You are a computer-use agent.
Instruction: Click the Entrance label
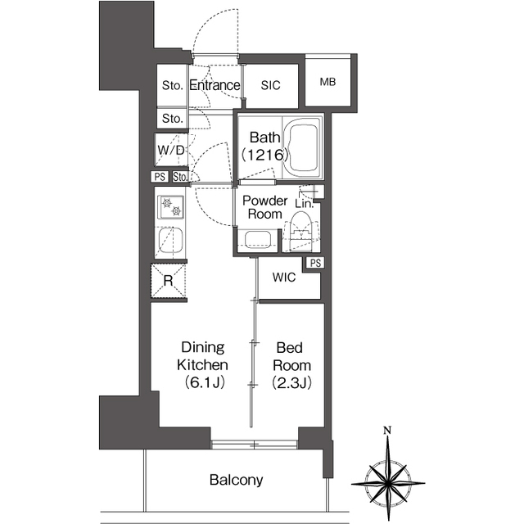tap(215, 85)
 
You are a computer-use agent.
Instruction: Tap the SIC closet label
tap(270, 85)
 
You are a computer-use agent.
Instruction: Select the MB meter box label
tap(327, 82)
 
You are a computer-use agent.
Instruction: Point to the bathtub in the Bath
tap(302, 147)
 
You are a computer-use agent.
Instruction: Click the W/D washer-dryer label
tap(171, 150)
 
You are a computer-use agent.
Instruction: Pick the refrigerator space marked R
tap(169, 281)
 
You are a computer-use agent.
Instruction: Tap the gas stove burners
tap(172, 206)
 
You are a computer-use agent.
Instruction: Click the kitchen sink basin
tap(170, 241)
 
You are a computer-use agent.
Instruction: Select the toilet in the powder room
tap(301, 232)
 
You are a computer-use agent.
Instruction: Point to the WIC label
tap(284, 277)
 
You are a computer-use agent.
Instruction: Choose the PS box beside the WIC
tap(315, 263)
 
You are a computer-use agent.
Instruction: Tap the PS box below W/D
tap(160, 176)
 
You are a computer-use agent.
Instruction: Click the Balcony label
tap(237, 480)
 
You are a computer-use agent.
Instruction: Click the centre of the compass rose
tap(387, 482)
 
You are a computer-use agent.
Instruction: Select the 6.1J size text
tap(205, 382)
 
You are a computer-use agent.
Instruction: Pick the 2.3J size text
tap(291, 382)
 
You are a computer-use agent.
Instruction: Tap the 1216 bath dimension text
tap(264, 155)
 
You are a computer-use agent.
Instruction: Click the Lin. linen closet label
tap(304, 204)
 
